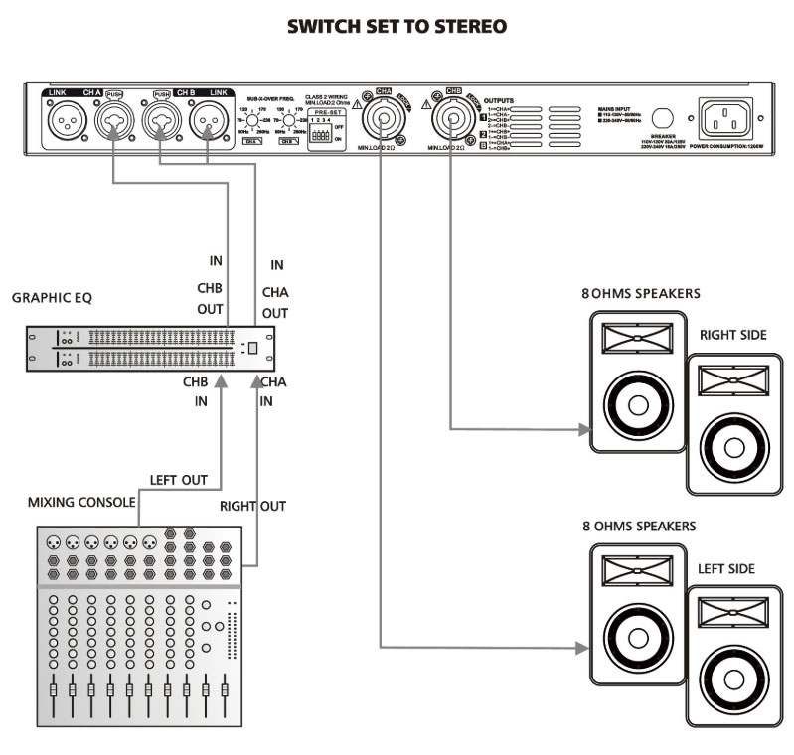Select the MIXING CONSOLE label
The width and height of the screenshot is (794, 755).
(80, 502)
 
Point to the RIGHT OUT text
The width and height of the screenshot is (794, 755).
(252, 506)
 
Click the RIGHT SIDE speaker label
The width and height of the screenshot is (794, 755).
(732, 335)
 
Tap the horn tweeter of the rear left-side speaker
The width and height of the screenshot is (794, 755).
(735, 615)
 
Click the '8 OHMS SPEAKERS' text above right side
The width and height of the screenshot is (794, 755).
(640, 293)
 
